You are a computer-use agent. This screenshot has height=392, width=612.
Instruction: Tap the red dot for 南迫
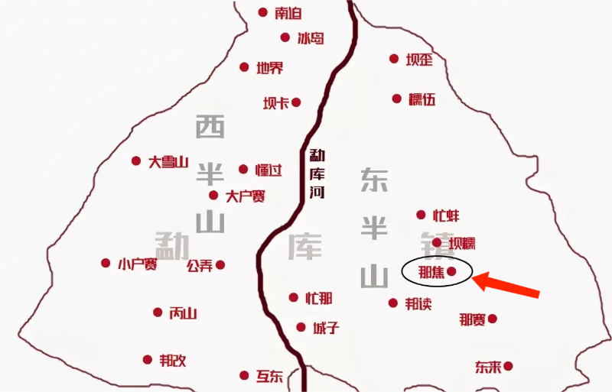tap(263, 12)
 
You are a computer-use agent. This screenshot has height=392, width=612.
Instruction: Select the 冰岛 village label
tap(311, 37)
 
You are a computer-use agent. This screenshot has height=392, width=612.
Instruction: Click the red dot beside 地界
tap(244, 67)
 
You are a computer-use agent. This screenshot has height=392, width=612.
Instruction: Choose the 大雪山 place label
tap(168, 161)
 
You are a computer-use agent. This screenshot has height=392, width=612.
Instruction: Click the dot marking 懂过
tap(243, 169)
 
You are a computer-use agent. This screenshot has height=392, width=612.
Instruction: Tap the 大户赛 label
tap(245, 196)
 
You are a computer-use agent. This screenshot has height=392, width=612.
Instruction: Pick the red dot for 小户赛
tap(106, 263)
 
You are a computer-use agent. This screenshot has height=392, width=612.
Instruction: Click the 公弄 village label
tap(200, 266)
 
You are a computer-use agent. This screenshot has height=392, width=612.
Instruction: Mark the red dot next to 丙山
tap(158, 312)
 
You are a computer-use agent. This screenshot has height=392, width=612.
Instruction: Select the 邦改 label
tap(172, 360)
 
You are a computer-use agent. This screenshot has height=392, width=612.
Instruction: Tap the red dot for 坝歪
tap(394, 58)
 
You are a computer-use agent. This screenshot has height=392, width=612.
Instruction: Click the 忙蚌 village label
tap(447, 215)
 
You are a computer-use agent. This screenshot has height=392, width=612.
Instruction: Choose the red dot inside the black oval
tap(451, 271)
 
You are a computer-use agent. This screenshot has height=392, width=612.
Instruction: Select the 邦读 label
tap(418, 303)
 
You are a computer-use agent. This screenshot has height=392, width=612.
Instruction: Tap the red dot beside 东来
tap(506, 367)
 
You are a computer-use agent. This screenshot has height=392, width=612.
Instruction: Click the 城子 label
tap(325, 328)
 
